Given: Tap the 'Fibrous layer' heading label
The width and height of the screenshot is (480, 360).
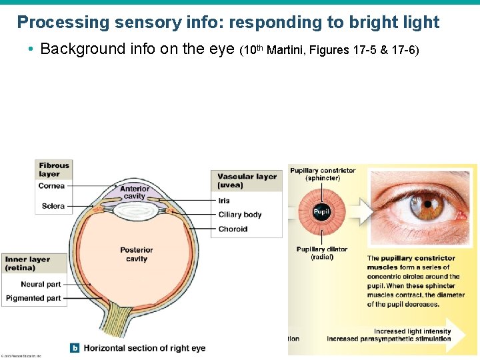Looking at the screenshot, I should pos(54,169).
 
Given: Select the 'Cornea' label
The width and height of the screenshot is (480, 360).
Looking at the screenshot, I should pos(51,186).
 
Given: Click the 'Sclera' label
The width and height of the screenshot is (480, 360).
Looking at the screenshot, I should pos(53,206).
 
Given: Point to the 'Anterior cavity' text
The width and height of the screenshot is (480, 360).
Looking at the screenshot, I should pos(135,193).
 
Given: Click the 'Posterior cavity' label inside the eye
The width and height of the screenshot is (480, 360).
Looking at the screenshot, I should pos(137,254).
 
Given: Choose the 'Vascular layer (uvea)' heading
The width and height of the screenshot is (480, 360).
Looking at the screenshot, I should pos(246,181).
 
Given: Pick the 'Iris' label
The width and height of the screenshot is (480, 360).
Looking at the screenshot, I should pos(224,200).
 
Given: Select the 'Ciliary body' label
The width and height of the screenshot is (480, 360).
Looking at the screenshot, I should pos(240,215).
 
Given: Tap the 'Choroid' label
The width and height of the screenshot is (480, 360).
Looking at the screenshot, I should pos(233,229).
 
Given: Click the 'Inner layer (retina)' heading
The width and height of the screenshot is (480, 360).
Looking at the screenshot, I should pos(27,263).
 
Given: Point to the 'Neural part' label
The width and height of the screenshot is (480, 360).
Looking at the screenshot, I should pos(41,284).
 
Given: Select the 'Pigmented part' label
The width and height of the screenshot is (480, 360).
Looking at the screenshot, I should pos(33,298).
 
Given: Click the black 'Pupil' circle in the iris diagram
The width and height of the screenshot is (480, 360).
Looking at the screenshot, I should pos(321,212).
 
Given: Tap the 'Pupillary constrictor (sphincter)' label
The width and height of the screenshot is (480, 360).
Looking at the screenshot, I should pos(323,174).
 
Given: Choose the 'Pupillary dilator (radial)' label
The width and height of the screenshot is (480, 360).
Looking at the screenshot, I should pos(322,253).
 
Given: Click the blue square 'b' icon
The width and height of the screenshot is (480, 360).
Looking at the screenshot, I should pos(75,347).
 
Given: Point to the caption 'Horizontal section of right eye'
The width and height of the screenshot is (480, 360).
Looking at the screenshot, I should pos(144,348).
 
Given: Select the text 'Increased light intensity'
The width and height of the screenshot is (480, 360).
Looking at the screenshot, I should pos(412,331).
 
